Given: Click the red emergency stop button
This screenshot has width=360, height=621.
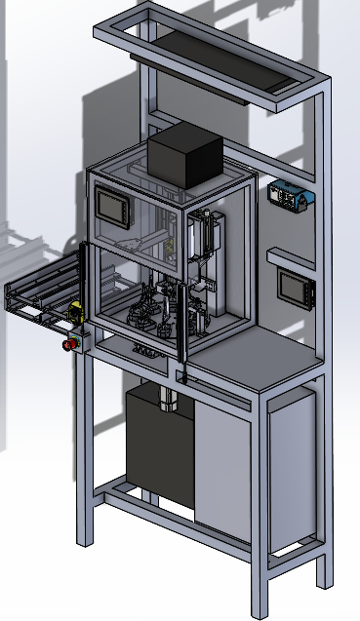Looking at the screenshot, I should [x=68, y=343].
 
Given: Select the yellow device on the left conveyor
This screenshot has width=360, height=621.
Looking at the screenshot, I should [x=74, y=313].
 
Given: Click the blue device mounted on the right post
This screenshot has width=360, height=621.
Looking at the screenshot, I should [x=290, y=196].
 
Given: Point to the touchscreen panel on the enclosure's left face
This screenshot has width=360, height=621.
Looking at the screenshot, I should [x=115, y=208].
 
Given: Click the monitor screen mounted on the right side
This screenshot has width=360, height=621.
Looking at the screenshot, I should [x=293, y=286].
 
